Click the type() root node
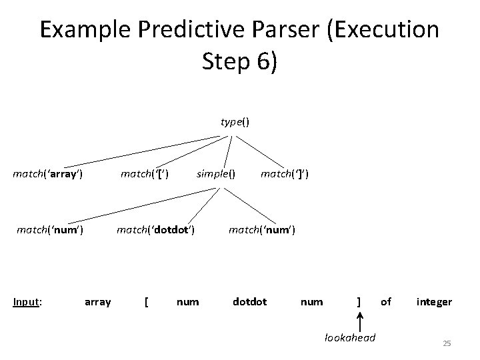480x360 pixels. click(235, 122)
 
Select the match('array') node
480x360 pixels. click(48, 175)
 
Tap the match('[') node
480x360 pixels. click(143, 175)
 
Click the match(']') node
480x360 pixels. click(284, 175)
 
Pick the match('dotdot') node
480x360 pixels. click(155, 230)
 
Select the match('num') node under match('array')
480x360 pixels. click(49, 230)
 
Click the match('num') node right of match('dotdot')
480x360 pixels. click(261, 230)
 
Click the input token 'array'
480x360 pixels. click(98, 302)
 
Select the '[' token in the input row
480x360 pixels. click(147, 302)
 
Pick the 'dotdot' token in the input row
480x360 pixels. click(249, 302)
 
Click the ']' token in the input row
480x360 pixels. click(359, 302)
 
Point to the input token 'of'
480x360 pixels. click(386, 302)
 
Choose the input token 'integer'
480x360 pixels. click(434, 302)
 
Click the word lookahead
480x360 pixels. click(350, 338)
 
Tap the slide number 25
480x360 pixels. click(447, 343)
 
